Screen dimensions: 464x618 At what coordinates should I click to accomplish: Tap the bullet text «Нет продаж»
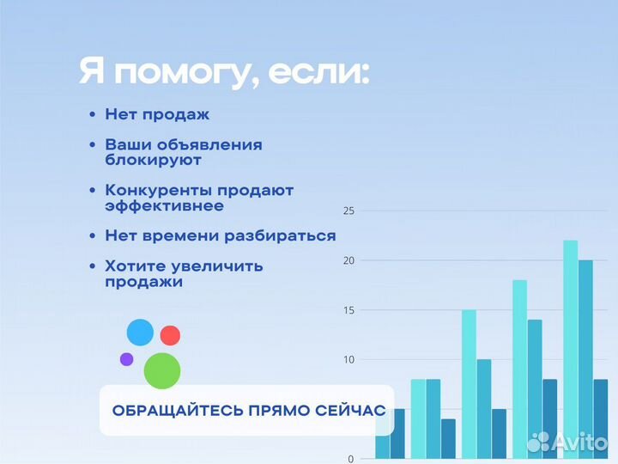157,114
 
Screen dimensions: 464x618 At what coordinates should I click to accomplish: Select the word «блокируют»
154,160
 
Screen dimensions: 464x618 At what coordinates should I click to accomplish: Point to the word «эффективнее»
164,206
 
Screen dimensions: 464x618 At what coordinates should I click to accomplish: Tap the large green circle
162,370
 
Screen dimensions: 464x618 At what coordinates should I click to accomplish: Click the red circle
170,335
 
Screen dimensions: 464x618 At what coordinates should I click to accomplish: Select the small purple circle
126,359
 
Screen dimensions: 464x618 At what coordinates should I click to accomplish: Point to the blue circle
140,332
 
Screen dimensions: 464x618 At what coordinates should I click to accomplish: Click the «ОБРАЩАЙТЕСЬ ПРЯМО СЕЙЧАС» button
248,410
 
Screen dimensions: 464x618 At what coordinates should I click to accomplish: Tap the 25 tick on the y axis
348,211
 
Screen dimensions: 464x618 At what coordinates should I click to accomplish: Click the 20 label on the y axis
348,260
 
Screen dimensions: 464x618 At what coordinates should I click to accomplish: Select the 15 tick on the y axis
348,310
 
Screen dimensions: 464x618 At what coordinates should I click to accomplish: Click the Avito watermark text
580,443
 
